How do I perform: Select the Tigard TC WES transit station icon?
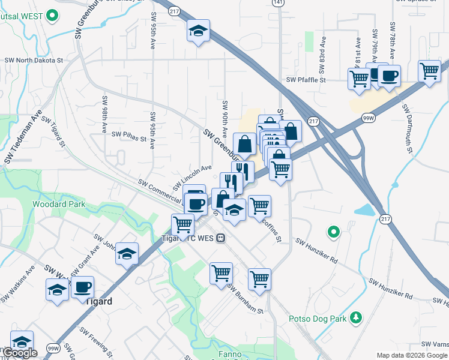[221, 238]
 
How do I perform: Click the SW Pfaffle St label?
[306, 79]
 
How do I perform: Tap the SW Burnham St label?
[245, 299]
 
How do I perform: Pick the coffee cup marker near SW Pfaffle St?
[389, 76]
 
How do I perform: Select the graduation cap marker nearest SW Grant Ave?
[127, 254]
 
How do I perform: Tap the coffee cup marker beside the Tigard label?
[82, 287]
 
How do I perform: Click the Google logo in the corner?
[19, 353]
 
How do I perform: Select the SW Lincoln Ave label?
[193, 177]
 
